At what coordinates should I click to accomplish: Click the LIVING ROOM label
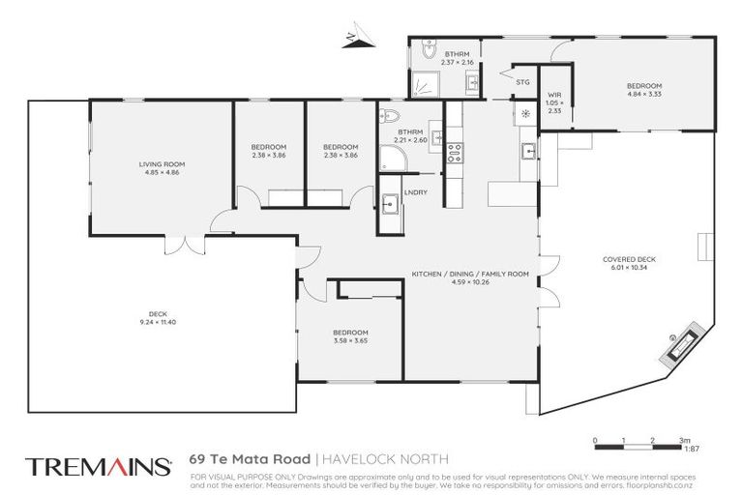161,165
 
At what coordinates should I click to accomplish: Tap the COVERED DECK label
629,259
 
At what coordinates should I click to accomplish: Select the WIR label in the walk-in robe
554,96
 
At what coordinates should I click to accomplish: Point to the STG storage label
522,83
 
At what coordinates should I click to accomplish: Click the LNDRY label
416,192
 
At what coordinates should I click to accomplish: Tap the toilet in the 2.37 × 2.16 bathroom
430,50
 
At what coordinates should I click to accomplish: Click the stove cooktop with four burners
453,152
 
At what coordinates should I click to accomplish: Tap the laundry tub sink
390,205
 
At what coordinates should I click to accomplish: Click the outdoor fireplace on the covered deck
680,341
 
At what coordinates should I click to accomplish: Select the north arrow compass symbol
353,39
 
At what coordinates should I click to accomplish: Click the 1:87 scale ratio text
692,449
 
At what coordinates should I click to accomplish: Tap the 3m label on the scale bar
686,440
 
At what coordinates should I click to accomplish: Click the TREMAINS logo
99,467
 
